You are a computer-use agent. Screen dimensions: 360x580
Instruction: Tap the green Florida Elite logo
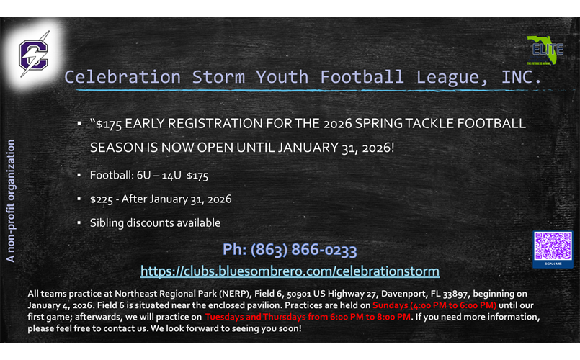(x=545, y=50)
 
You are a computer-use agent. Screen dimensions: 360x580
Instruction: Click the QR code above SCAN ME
(x=553, y=246)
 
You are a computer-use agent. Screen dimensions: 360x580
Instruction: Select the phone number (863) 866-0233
(x=290, y=250)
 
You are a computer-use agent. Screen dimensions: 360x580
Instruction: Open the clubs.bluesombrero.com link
(x=290, y=271)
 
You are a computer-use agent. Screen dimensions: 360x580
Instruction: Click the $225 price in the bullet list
(x=101, y=199)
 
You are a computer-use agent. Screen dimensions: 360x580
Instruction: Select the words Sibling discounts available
(x=155, y=222)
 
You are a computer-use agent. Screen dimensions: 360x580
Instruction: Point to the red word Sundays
(x=390, y=305)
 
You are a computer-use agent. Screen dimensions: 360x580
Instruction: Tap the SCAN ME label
(x=553, y=264)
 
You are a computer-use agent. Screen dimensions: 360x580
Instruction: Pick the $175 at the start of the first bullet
(x=109, y=123)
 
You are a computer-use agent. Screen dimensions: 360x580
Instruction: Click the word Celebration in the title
(x=117, y=76)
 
